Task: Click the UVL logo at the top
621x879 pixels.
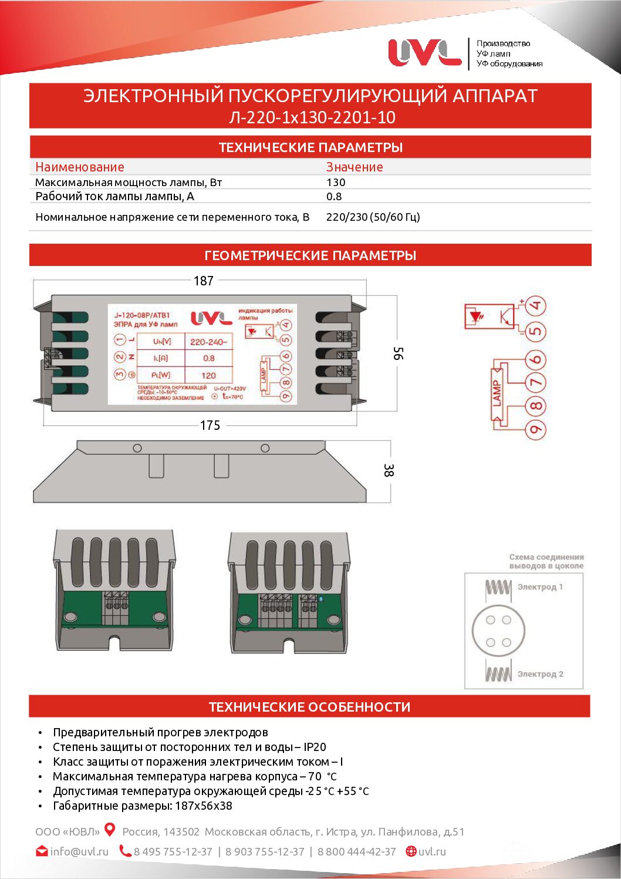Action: pyautogui.click(x=424, y=52)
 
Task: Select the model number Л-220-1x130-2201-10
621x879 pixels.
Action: pyautogui.click(x=312, y=117)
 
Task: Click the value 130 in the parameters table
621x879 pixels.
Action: pyautogui.click(x=336, y=183)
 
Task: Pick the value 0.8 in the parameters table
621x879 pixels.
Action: pyautogui.click(x=334, y=197)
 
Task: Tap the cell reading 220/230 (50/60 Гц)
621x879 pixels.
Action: pyautogui.click(x=373, y=217)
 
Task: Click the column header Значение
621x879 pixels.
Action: pyautogui.click(x=355, y=167)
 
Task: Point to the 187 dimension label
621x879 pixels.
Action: pyautogui.click(x=204, y=281)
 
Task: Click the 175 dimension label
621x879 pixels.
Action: pyautogui.click(x=210, y=425)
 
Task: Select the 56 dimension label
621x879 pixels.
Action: pyautogui.click(x=398, y=353)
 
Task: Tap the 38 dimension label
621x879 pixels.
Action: pyautogui.click(x=388, y=470)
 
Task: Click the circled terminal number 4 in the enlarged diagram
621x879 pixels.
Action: pyautogui.click(x=535, y=306)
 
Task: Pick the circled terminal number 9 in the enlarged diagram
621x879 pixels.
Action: pyautogui.click(x=535, y=430)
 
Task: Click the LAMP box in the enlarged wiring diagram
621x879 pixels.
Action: pyautogui.click(x=497, y=393)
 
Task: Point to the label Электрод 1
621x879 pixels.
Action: pyautogui.click(x=540, y=587)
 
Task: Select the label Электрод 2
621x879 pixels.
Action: pyautogui.click(x=540, y=674)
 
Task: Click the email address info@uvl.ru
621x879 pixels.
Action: pyautogui.click(x=79, y=851)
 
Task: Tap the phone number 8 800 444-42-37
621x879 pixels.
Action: pyautogui.click(x=357, y=851)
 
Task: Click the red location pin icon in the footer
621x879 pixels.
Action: pyautogui.click(x=110, y=830)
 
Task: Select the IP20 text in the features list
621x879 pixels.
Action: pyautogui.click(x=315, y=747)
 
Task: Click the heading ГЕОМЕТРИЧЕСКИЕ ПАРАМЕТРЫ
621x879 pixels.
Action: pyautogui.click(x=310, y=255)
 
